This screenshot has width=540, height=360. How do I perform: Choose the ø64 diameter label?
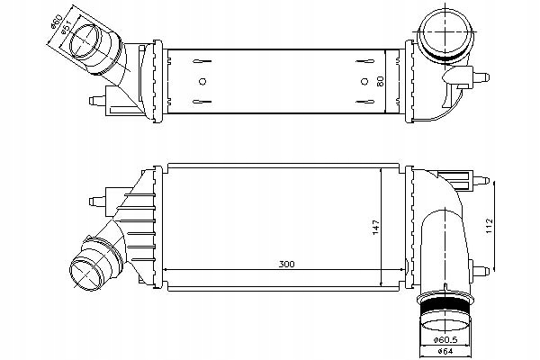[x=447, y=353]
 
